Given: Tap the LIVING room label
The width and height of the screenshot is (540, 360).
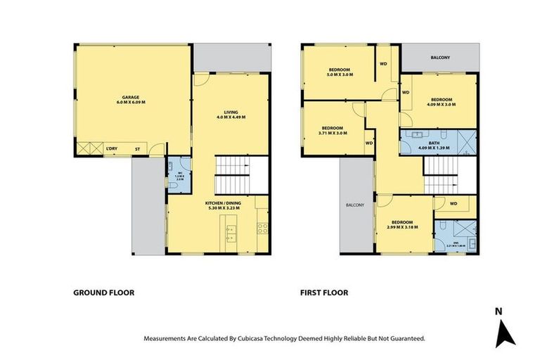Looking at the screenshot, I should click(x=231, y=114).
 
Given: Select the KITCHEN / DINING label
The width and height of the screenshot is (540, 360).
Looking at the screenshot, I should click(x=217, y=205).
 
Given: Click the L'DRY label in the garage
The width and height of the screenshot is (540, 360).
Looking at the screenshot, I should click(x=110, y=148).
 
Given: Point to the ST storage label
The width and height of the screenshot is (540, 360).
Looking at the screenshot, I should click(x=138, y=148).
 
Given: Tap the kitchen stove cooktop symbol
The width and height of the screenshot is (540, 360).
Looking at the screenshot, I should click(x=262, y=227).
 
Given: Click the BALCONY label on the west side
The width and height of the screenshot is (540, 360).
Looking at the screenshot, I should click(x=354, y=205).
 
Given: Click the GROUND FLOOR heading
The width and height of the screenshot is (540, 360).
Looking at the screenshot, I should click(x=104, y=292).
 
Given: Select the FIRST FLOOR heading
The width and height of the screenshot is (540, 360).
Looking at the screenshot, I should click(x=324, y=292).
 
